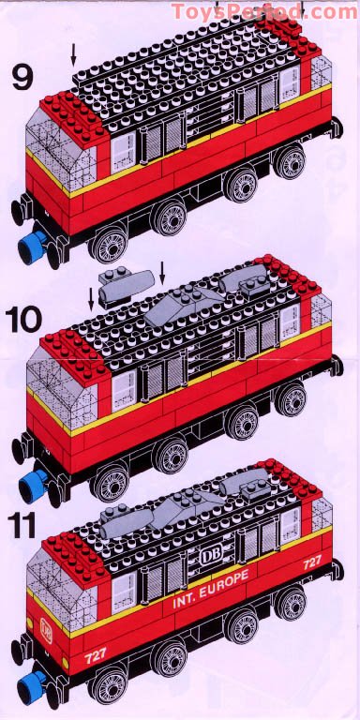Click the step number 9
tap(22, 78)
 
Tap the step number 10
tap(35, 318)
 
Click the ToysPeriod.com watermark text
tap(263, 11)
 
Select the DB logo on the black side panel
tap(208, 556)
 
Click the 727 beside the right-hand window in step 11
tap(311, 562)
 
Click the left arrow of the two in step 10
tap(92, 299)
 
